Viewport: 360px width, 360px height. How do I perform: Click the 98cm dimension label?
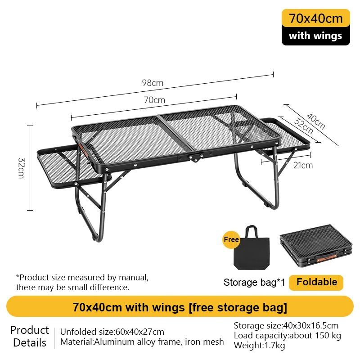(153, 83)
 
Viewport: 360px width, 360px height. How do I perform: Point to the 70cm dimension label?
(154, 100)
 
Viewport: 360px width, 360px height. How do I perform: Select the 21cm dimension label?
(303, 165)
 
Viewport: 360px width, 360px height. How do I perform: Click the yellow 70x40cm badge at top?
(315, 18)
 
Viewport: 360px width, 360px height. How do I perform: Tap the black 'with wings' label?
(315, 36)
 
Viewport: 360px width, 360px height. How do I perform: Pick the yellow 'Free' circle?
(231, 240)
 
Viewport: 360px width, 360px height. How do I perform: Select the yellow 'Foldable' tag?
(316, 282)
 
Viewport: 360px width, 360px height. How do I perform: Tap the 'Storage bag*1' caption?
(254, 283)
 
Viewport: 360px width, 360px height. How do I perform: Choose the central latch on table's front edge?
(195, 158)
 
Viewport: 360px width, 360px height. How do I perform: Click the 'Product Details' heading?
(30, 336)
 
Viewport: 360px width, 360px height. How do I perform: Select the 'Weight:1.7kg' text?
(259, 346)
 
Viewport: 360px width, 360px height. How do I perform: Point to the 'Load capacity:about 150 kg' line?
(287, 336)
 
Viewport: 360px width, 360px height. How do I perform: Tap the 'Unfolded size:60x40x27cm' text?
(112, 332)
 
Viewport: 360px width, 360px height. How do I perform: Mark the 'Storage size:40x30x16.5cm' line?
(286, 325)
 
